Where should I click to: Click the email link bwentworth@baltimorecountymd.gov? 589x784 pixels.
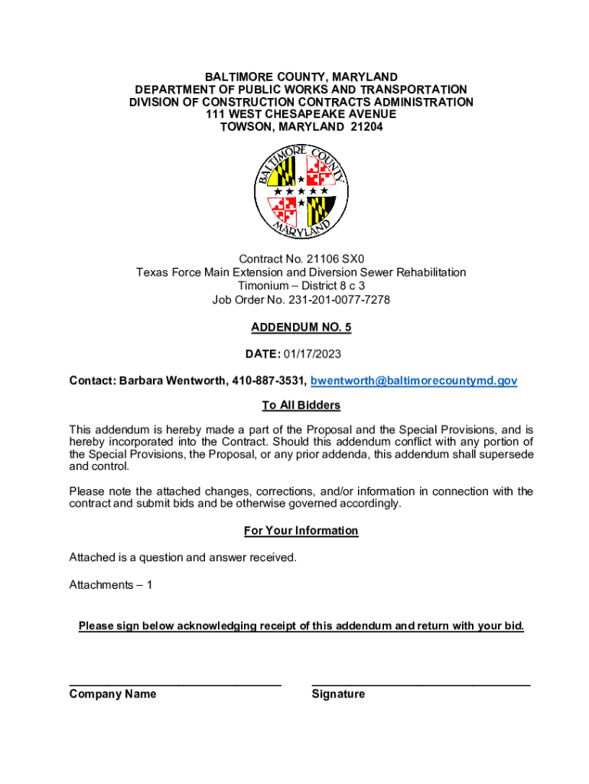pyautogui.click(x=414, y=381)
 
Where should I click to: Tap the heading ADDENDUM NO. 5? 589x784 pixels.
pyautogui.click(x=301, y=327)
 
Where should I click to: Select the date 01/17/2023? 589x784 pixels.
pyautogui.click(x=312, y=354)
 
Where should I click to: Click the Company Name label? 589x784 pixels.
pyautogui.click(x=112, y=694)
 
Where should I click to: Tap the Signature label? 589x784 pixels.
pyautogui.click(x=338, y=694)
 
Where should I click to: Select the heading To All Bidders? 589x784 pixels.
pyautogui.click(x=301, y=405)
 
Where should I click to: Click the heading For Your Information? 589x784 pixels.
pyautogui.click(x=301, y=531)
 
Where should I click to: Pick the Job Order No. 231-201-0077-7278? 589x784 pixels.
pyautogui.click(x=301, y=299)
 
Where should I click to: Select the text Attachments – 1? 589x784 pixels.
pyautogui.click(x=111, y=585)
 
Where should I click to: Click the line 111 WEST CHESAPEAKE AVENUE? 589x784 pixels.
pyautogui.click(x=301, y=114)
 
